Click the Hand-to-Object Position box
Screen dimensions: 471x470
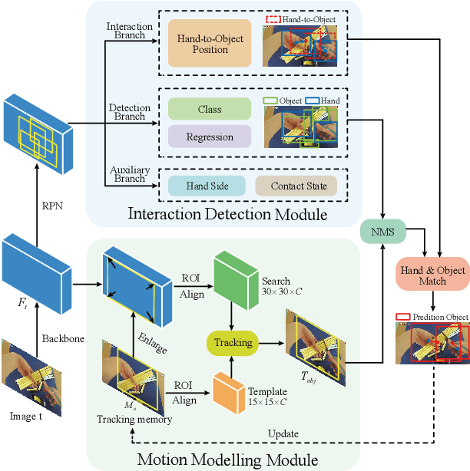[x=210, y=43]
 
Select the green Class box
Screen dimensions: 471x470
[x=210, y=109]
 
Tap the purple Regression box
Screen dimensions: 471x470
[x=210, y=137]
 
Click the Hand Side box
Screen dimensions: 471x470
[x=199, y=185]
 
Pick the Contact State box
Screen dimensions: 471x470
[x=296, y=185]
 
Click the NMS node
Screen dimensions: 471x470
[x=383, y=231]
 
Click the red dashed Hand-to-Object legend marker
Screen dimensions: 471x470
[x=273, y=18]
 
